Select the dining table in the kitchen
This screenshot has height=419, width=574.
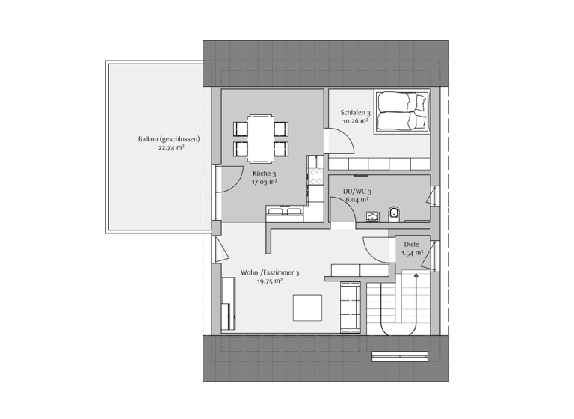(x=260, y=138)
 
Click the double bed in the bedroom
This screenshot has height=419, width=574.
(x=402, y=111)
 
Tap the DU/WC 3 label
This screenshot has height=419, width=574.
(x=357, y=192)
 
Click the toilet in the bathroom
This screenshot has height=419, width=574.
(x=395, y=216)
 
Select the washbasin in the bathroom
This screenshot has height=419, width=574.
(x=372, y=217)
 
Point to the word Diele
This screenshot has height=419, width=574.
(x=411, y=244)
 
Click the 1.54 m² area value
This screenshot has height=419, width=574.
(x=411, y=253)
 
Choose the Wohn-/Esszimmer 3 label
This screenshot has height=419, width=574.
(x=270, y=273)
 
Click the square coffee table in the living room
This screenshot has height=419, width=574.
(x=307, y=308)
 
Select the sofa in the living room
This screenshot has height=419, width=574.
(x=351, y=307)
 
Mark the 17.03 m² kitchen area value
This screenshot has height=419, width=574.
(x=264, y=182)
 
